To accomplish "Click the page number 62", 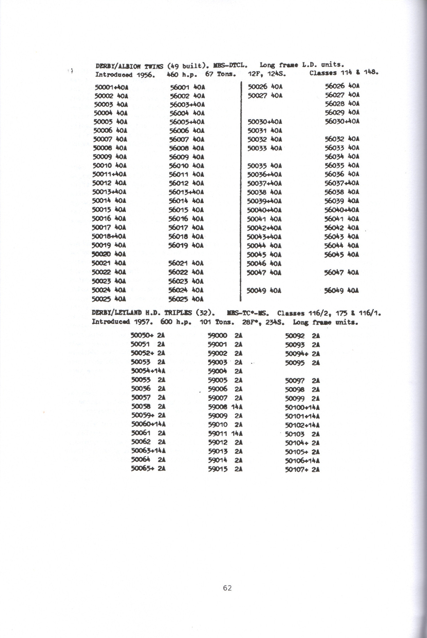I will click(x=227, y=588).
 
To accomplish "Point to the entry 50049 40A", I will click(x=264, y=291).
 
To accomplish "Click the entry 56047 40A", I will click(x=341, y=273).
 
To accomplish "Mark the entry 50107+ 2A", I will click(x=302, y=470).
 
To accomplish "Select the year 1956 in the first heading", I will click(x=144, y=75).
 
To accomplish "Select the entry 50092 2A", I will click(x=302, y=335).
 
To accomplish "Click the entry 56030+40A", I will click(x=342, y=121).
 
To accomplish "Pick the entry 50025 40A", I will click(x=109, y=299).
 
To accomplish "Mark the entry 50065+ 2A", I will click(x=148, y=469).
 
